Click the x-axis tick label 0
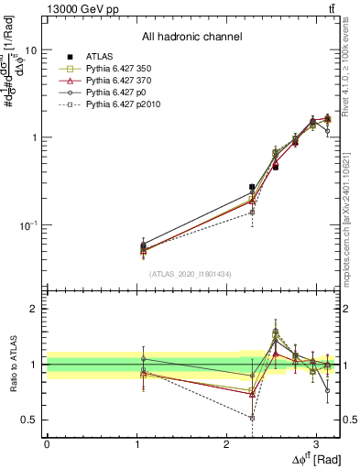47,443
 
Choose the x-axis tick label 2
226,443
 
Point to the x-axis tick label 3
316,443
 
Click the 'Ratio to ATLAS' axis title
12,364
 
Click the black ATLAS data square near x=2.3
252,187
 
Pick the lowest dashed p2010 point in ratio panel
252,417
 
